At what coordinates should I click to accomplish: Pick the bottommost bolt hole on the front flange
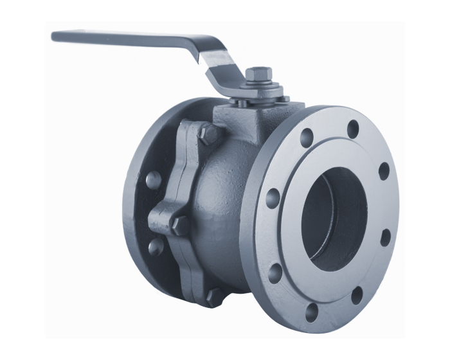[311, 312]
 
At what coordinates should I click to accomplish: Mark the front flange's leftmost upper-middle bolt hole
[273, 198]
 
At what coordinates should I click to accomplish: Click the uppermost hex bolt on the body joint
[208, 134]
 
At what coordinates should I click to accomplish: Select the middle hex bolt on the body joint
[180, 224]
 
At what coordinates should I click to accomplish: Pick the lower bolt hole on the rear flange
[155, 247]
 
